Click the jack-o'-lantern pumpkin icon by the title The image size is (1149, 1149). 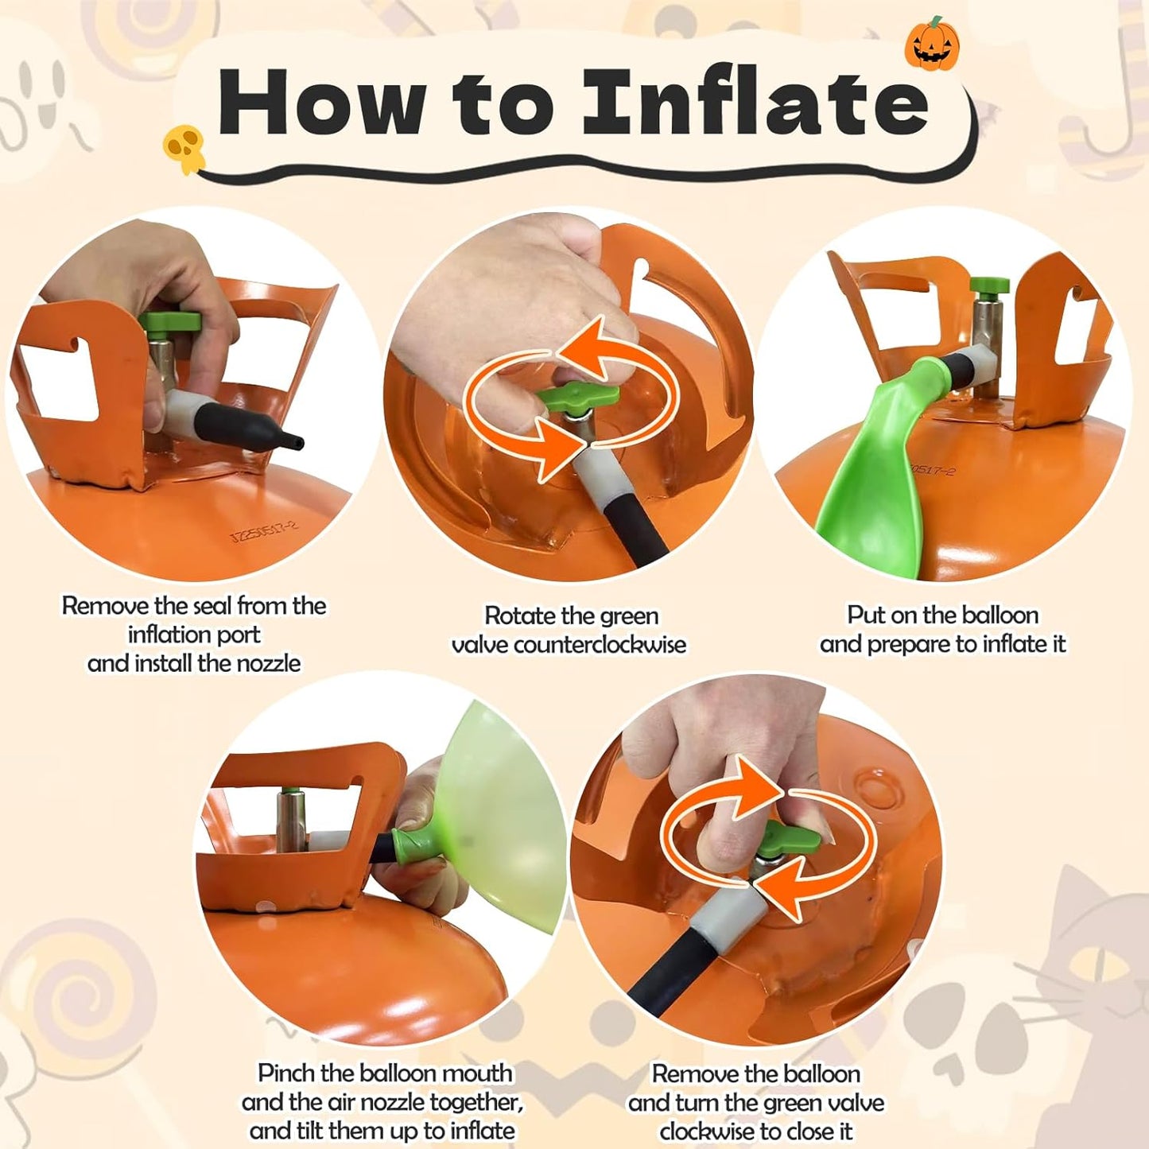coord(932,44)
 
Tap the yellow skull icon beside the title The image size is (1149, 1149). coord(184,149)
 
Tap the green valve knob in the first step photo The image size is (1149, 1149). coord(170,323)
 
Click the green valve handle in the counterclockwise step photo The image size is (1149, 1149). coord(576,398)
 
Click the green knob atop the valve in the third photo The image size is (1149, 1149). coord(989,287)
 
